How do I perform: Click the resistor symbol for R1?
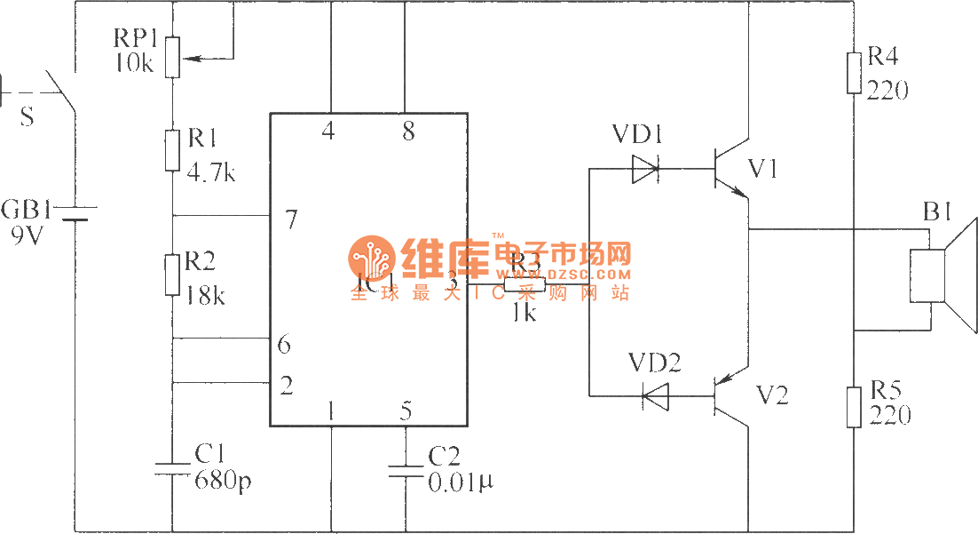point(172,149)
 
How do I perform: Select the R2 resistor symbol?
point(172,275)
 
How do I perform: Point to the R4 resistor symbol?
point(854,73)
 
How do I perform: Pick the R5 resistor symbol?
point(854,407)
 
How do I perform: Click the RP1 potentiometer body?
point(172,56)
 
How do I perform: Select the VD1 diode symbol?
point(645,167)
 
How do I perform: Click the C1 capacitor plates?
point(172,468)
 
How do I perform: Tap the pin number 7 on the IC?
point(291,219)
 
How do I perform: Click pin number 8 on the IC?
point(407,133)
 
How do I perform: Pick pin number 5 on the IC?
point(406,411)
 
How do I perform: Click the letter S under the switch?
point(27,116)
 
